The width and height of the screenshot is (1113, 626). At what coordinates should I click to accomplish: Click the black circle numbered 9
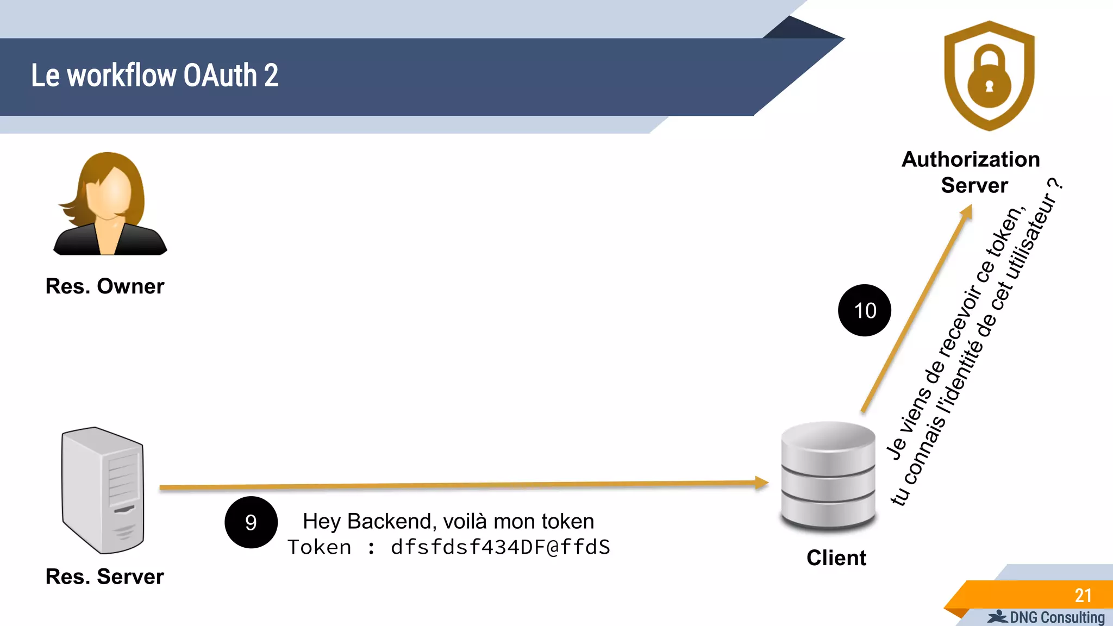pos(251,522)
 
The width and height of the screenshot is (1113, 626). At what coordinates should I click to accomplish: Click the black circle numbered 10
pos(865,310)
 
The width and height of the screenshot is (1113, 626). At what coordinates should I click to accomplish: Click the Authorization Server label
pos(971,172)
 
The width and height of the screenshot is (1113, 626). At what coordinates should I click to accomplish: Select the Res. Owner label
pos(104,286)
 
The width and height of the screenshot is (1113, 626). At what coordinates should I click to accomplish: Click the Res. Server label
pos(104,577)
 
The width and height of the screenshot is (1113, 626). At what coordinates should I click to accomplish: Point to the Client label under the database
pos(836,558)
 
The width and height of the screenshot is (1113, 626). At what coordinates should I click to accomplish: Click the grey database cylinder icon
pos(828,475)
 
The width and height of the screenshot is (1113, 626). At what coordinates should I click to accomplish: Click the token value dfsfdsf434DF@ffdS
pos(500,547)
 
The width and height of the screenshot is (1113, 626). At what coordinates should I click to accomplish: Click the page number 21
pos(1083,596)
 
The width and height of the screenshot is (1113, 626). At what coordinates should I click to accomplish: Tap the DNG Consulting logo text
pos(1056,618)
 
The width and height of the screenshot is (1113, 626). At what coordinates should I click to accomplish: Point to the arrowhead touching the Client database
pos(762,482)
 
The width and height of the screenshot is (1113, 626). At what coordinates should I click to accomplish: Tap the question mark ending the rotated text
pos(1055,184)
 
